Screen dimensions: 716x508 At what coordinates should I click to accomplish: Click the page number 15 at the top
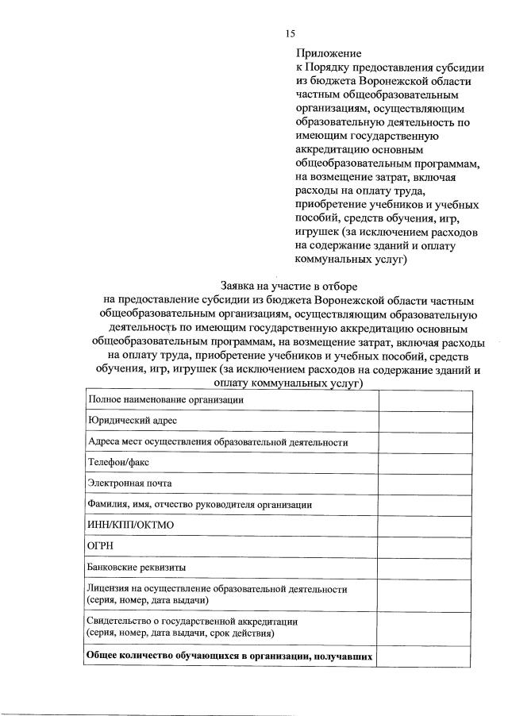[290, 33]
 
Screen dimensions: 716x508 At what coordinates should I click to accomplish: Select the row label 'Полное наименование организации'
[165, 400]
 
